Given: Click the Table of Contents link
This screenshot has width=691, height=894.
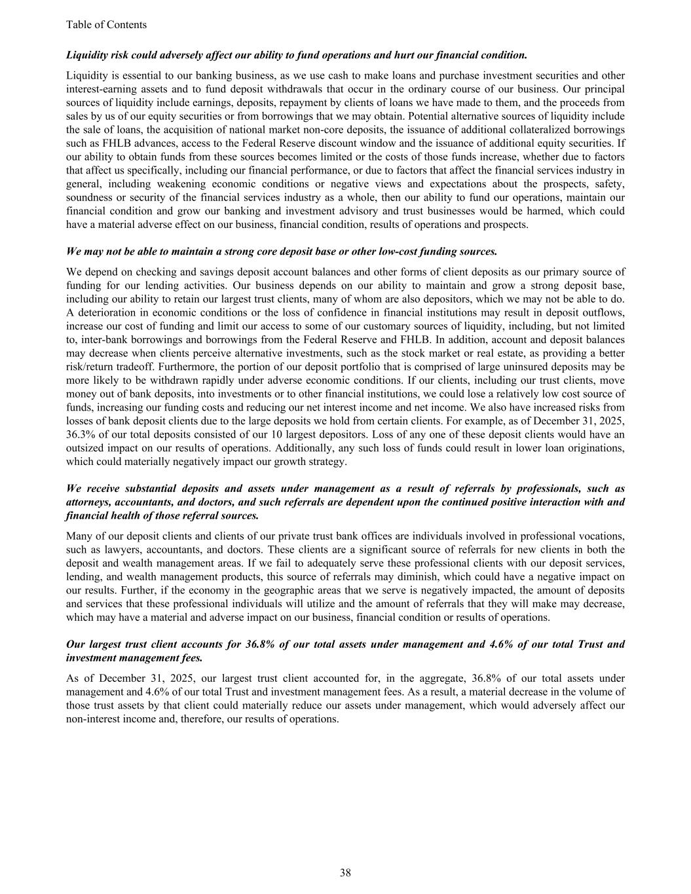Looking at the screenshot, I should click(x=106, y=25).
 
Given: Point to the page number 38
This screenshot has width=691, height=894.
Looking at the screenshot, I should click(x=345, y=872).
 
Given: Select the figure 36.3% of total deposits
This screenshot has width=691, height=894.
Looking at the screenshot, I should click(x=81, y=434).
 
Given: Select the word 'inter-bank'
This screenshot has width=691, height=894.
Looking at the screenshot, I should click(x=103, y=339).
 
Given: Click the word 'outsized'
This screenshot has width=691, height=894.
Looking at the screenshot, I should click(x=86, y=448).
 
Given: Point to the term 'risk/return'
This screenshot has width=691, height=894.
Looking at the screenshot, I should click(x=92, y=366).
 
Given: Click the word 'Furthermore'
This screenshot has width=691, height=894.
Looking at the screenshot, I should click(x=174, y=366).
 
